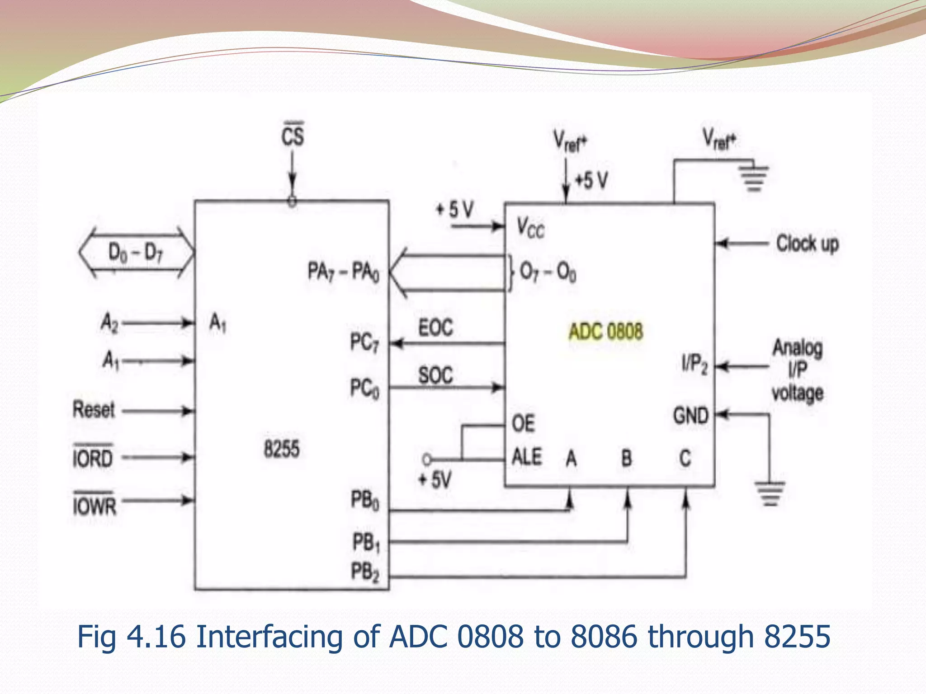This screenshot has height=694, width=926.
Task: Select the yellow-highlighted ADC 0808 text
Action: [x=605, y=332]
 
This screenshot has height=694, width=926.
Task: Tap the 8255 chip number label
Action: [x=282, y=449]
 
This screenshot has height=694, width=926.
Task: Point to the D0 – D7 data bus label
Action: [x=135, y=252]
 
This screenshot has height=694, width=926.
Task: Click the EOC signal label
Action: [x=435, y=327]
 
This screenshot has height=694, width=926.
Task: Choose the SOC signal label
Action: [x=435, y=375]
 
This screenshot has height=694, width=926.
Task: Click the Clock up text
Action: [x=808, y=244]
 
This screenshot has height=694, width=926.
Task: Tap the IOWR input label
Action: [x=94, y=504]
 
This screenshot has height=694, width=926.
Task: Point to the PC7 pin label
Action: [x=364, y=342]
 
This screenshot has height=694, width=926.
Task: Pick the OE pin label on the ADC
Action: [x=523, y=424]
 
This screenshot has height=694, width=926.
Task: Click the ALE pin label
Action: [x=527, y=457]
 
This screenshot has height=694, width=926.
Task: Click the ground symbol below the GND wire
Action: [x=770, y=493]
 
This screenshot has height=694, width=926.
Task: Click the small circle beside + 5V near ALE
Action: [x=426, y=460]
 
